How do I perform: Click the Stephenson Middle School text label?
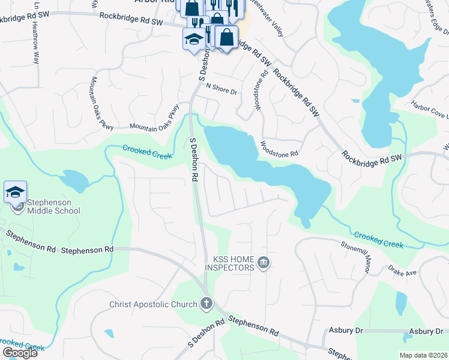53,206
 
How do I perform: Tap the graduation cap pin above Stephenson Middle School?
16,193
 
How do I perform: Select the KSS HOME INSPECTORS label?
234,263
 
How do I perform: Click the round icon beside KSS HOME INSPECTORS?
264,263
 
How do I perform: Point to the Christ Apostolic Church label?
153,304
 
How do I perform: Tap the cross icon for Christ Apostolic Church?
206,304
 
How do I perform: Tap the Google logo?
20,352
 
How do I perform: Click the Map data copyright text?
423,355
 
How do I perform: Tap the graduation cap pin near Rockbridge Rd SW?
194,40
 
